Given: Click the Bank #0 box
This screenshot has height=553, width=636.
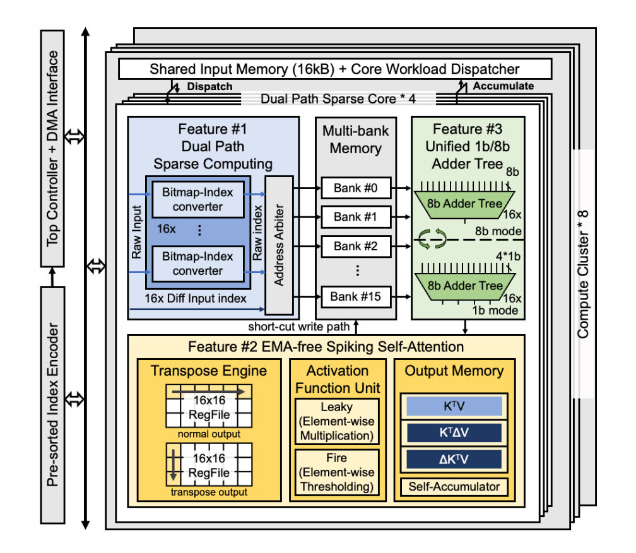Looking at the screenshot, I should tap(357, 187).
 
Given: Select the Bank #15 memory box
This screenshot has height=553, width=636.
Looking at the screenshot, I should tap(357, 296).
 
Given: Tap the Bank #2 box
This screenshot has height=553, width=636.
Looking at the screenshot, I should tap(357, 246).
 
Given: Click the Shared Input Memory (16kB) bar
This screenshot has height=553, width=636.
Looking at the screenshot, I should tap(334, 69).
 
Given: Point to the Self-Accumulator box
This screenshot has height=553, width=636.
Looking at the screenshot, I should tap(454, 486).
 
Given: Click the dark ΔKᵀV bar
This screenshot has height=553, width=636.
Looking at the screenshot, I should tap(454, 459).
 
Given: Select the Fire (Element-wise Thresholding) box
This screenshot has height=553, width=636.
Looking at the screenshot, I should tap(338, 472).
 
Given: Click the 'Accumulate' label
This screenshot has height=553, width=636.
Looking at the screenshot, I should tap(503, 86).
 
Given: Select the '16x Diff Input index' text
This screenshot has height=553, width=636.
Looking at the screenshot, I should tap(196, 298).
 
